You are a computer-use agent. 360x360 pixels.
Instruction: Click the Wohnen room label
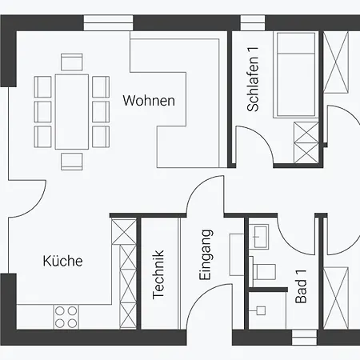pos(149,101)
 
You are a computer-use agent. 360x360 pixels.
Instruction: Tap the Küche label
pos(62,261)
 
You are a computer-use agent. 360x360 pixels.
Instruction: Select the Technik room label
pos(158,274)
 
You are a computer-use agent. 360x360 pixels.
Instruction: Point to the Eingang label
pos(206,254)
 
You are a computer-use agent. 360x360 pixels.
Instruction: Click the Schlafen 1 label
pos(253,79)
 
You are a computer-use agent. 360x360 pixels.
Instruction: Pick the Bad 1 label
pos(301,286)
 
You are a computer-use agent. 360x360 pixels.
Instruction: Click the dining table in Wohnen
pos(72,112)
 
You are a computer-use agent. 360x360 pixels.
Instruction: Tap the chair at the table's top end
pos(72,62)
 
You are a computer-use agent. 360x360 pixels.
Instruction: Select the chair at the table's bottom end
pos(72,162)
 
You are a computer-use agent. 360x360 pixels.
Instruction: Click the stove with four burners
pos(66,317)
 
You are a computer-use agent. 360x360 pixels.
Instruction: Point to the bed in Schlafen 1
pos(296,74)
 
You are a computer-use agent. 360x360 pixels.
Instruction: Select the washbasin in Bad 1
pos(258,237)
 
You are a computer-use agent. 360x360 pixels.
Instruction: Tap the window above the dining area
pos(108,22)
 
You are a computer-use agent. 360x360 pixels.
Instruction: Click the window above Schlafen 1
pos(253,22)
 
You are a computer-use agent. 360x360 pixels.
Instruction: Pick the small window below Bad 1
pos(304,338)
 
